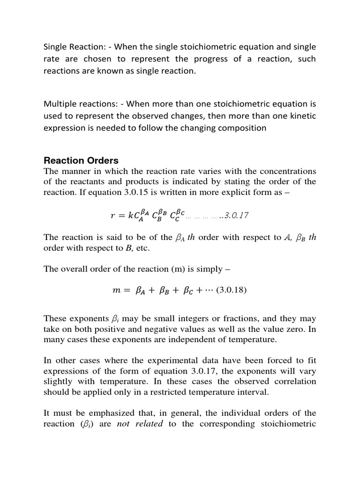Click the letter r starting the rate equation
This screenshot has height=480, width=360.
(112, 216)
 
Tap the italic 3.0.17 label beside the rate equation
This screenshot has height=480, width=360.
(237, 216)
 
